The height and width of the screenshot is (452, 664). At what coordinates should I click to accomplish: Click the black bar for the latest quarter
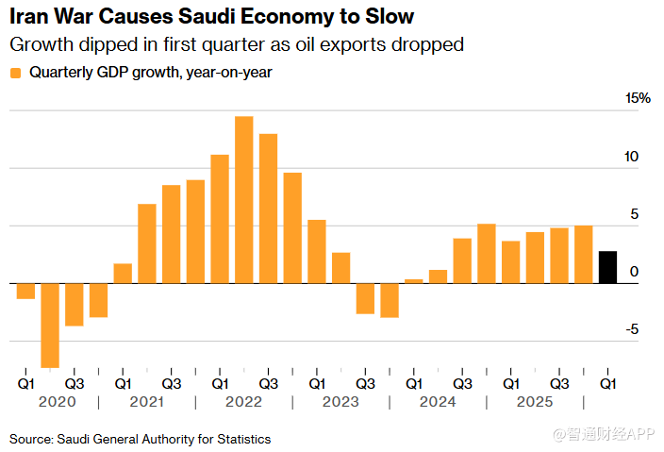[608, 267]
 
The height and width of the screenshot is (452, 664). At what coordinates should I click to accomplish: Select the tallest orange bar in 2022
[243, 199]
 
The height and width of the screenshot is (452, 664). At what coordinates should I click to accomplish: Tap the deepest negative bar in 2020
[50, 325]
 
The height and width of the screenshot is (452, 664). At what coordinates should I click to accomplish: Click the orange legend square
[16, 73]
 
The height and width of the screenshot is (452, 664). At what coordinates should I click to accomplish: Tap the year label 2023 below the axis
[340, 402]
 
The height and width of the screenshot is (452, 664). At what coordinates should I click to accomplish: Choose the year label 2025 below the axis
[534, 402]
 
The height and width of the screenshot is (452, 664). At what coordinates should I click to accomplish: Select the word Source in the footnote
[30, 439]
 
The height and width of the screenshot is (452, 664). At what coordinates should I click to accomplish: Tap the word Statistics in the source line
[242, 439]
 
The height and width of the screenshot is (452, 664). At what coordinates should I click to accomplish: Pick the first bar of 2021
[123, 273]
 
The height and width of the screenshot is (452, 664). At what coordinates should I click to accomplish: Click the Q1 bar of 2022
[220, 219]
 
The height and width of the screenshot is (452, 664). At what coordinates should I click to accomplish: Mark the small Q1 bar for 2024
[413, 280]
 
